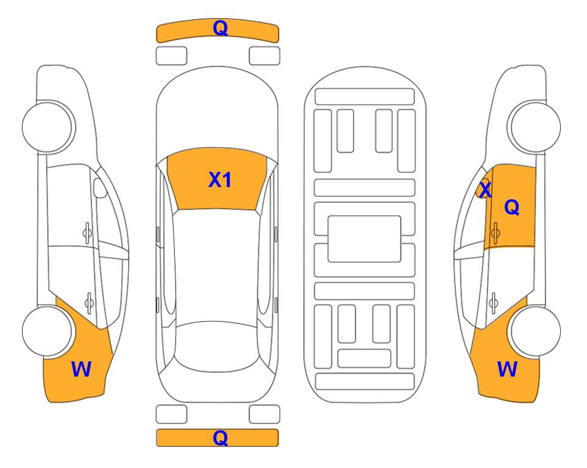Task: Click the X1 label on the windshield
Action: click(x=219, y=180)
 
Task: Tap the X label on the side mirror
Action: click(x=485, y=190)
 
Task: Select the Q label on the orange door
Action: click(x=511, y=208)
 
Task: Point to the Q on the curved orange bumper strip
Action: click(x=219, y=27)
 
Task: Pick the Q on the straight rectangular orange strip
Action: click(x=219, y=438)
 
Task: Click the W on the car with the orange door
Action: click(x=507, y=369)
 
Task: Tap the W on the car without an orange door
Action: click(x=81, y=369)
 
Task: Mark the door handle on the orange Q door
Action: click(x=495, y=232)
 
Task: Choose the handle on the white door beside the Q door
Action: click(x=494, y=300)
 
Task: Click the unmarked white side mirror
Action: click(x=101, y=189)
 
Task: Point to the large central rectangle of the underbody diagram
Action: click(x=364, y=238)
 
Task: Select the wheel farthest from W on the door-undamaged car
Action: click(x=48, y=126)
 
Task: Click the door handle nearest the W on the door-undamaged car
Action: click(x=89, y=300)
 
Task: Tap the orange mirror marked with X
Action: click(x=483, y=190)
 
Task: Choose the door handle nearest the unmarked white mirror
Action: click(x=88, y=232)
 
